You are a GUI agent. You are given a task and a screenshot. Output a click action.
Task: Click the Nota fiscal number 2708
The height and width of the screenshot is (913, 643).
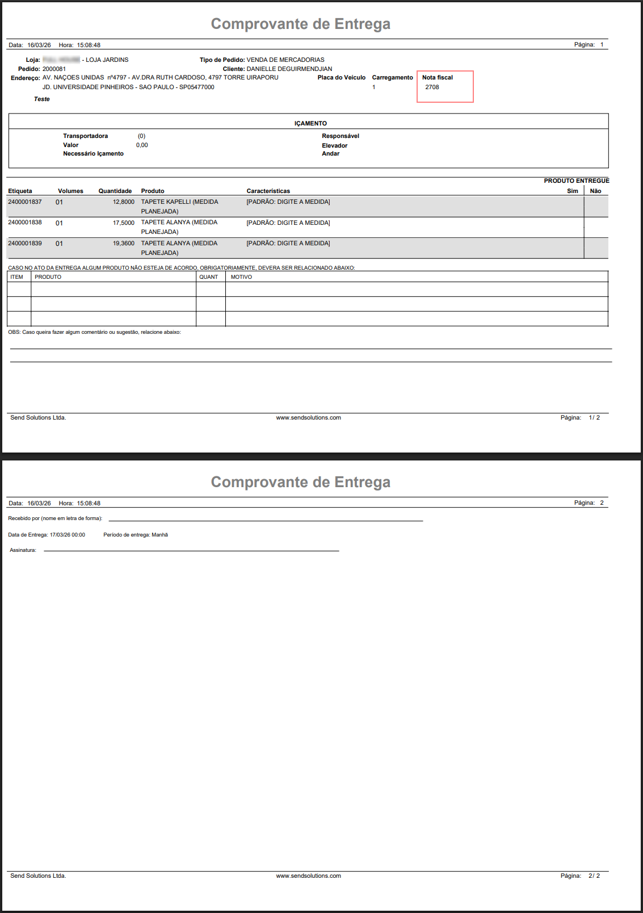click(432, 87)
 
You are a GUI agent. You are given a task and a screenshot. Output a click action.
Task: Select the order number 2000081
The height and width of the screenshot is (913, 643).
click(54, 69)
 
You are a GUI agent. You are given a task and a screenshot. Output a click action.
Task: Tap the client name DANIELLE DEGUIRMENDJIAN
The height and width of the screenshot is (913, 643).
click(289, 69)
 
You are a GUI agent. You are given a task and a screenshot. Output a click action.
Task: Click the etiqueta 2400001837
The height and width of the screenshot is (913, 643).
click(25, 202)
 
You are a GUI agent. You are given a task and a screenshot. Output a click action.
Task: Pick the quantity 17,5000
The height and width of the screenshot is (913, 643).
click(123, 223)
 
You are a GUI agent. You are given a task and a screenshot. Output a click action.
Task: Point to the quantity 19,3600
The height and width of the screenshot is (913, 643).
click(123, 243)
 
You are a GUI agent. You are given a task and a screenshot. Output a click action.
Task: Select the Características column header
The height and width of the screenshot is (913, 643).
click(268, 191)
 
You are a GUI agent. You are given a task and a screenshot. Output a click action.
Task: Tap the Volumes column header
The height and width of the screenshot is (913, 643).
click(70, 191)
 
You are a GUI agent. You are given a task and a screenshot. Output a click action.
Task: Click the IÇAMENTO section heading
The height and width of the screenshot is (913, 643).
click(310, 123)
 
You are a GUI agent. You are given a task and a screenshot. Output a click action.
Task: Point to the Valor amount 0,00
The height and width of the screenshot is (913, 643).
click(142, 145)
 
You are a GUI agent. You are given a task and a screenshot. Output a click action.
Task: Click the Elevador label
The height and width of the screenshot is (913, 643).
click(334, 145)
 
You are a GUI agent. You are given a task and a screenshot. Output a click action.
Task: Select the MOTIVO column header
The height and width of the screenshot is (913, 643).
click(241, 277)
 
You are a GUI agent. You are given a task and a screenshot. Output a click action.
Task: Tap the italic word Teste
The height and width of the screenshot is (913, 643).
click(41, 99)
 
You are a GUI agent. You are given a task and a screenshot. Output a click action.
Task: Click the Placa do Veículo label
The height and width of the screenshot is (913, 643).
click(341, 77)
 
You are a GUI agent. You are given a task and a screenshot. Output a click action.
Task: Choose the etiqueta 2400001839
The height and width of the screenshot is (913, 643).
click(25, 243)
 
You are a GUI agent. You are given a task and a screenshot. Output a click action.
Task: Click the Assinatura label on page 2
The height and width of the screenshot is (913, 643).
click(23, 550)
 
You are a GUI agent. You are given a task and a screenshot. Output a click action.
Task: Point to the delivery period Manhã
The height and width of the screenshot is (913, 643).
click(159, 535)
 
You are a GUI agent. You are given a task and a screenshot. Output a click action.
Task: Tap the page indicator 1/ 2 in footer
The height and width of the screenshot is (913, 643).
click(594, 417)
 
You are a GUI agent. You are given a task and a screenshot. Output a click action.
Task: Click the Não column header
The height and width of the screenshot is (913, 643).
click(595, 191)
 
